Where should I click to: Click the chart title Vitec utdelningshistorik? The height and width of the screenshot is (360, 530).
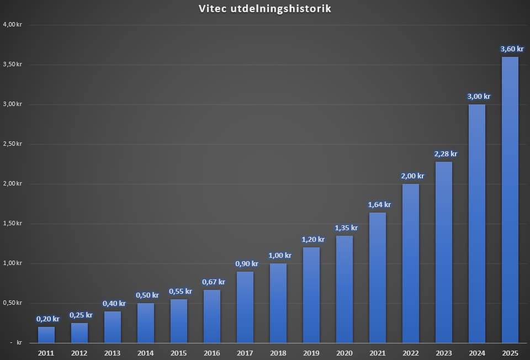265,9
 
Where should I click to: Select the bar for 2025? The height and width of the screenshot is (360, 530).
510,199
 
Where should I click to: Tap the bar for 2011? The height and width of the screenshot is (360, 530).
46,335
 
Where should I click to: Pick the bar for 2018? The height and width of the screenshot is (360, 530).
278,303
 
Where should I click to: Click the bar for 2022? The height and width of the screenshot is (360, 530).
411,263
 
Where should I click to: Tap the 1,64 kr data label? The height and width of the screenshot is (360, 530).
379,205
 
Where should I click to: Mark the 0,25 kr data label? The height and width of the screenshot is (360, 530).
81,315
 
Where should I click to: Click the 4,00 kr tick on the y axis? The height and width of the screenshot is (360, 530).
12,25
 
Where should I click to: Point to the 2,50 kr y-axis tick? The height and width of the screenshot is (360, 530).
12,144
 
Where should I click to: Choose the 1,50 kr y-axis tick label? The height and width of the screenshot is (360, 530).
12,224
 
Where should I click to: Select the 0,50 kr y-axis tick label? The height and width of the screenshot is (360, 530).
12,303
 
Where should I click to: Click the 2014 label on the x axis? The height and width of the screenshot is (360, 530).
145,352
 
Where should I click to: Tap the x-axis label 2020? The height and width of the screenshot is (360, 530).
344,352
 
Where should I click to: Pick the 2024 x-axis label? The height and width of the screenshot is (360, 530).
476,352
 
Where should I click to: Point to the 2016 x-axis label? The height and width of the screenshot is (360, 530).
211,352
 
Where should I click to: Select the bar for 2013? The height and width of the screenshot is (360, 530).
113,327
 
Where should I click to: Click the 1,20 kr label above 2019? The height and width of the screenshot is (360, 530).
313,240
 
